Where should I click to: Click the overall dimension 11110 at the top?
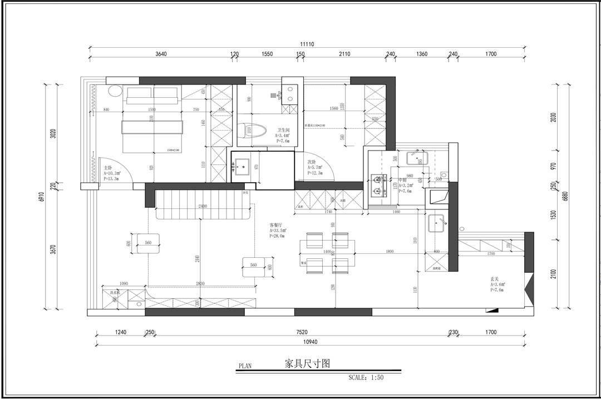coord(307,44)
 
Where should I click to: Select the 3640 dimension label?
coord(161,54)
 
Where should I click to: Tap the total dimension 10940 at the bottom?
coord(308,342)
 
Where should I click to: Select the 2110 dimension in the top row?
coord(344,54)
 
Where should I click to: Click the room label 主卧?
coord(108,167)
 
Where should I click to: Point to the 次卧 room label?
coord(312,162)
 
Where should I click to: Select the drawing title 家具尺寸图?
coord(307,364)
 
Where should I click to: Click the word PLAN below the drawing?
coord(245,366)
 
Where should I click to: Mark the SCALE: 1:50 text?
coord(366,377)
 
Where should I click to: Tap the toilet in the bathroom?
coord(254,132)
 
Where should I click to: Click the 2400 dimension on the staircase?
coord(203,206)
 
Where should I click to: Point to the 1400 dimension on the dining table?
coord(328,251)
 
